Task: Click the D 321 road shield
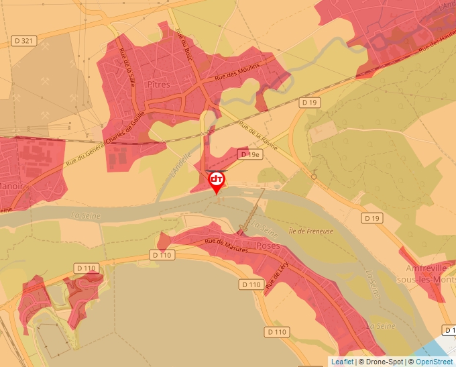(23, 41)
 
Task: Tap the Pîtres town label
(158, 85)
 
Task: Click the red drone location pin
(217, 181)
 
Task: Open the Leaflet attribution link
(342, 362)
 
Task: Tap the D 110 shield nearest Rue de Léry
(250, 284)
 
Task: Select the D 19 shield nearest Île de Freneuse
(372, 218)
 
